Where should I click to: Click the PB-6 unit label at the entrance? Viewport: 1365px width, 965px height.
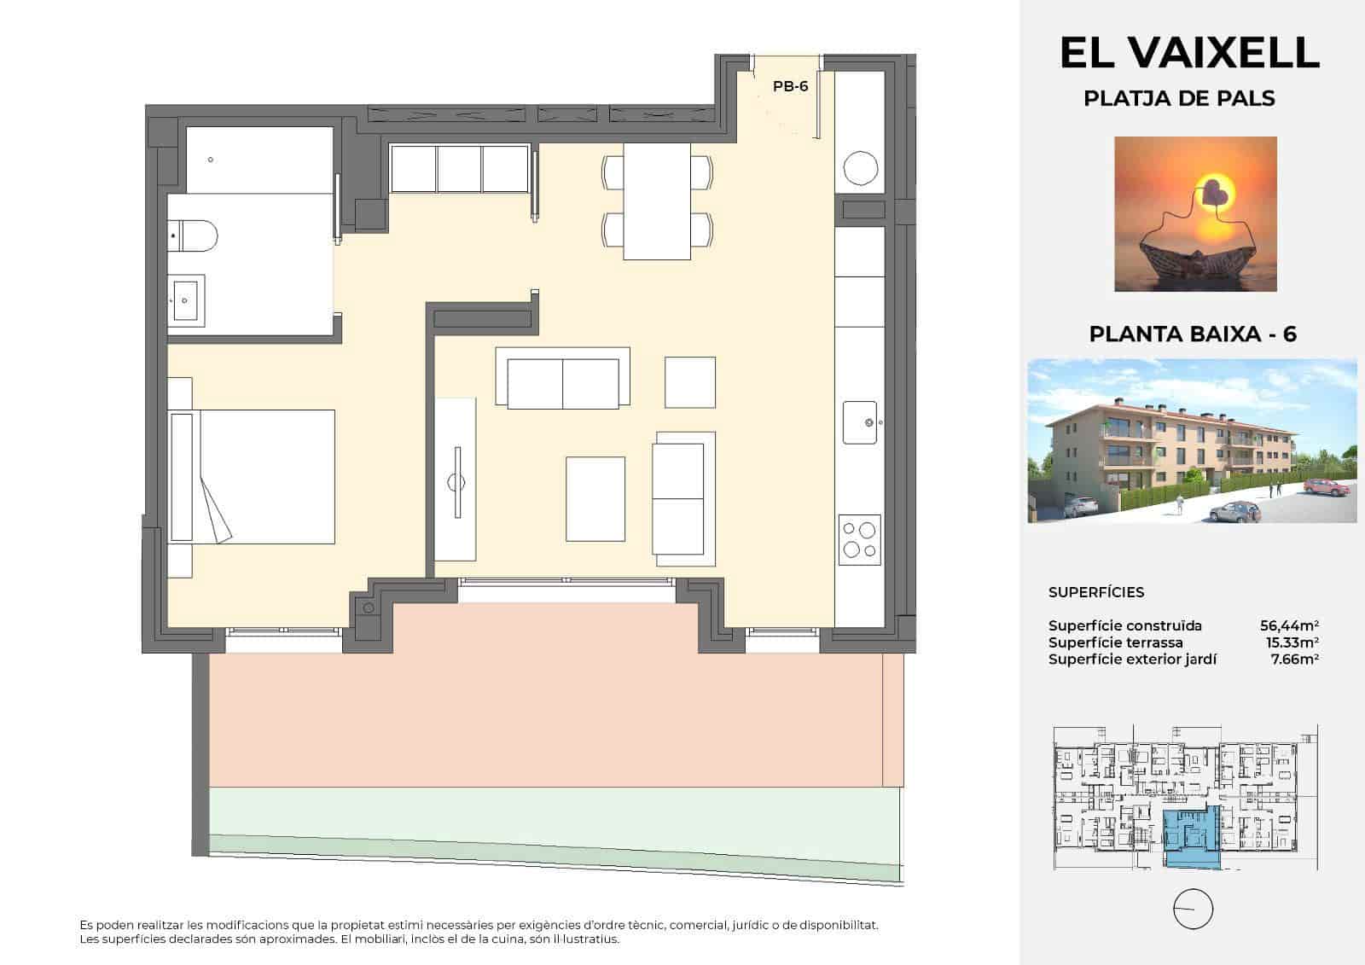pyautogui.click(x=790, y=86)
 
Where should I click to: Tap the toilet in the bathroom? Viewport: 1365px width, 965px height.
pyautogui.click(x=195, y=234)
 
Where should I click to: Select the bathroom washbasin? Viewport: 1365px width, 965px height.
pyautogui.click(x=186, y=299)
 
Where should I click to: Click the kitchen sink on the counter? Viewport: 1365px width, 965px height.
pyautogui.click(x=860, y=422)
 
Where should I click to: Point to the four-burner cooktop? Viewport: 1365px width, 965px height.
pyautogui.click(x=859, y=539)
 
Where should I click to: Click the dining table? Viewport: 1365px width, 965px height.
pyautogui.click(x=657, y=201)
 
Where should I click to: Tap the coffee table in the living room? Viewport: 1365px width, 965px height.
pyautogui.click(x=595, y=498)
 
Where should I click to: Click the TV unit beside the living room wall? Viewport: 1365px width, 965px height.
pyautogui.click(x=456, y=480)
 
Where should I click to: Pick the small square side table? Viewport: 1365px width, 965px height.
pyautogui.click(x=690, y=382)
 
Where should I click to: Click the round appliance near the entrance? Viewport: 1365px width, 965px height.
pyautogui.click(x=860, y=168)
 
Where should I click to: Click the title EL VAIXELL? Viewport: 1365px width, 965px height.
pyautogui.click(x=1189, y=53)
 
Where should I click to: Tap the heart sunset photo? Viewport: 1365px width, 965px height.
pyautogui.click(x=1195, y=213)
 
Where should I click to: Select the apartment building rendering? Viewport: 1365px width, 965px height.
pyautogui.click(x=1192, y=440)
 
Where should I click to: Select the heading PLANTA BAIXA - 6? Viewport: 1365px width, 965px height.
pyautogui.click(x=1193, y=334)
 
